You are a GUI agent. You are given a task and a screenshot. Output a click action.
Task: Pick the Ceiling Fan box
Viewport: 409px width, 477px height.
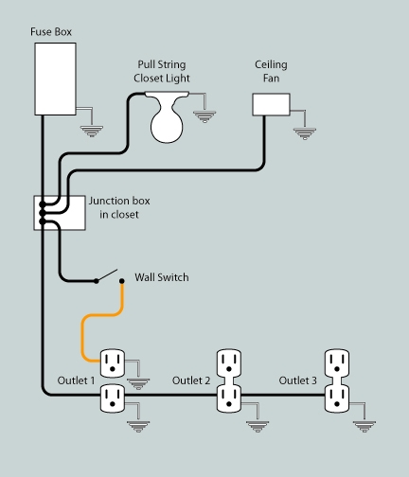pos(270,104)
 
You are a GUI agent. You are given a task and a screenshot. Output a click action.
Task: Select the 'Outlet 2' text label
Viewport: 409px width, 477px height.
pos(190,380)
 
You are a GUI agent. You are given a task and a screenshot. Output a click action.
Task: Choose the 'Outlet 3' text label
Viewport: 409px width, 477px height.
pos(297,380)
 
